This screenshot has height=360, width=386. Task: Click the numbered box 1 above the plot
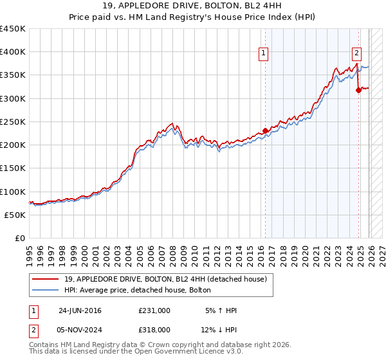point(264,54)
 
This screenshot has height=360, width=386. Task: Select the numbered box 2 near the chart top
point(356,54)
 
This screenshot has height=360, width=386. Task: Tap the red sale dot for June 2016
point(265,130)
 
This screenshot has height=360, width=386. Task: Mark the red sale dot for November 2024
point(358,90)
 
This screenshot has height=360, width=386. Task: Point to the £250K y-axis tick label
point(13,122)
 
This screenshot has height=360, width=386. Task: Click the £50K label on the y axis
point(15,215)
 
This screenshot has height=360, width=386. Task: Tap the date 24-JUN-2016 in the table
point(80,310)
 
